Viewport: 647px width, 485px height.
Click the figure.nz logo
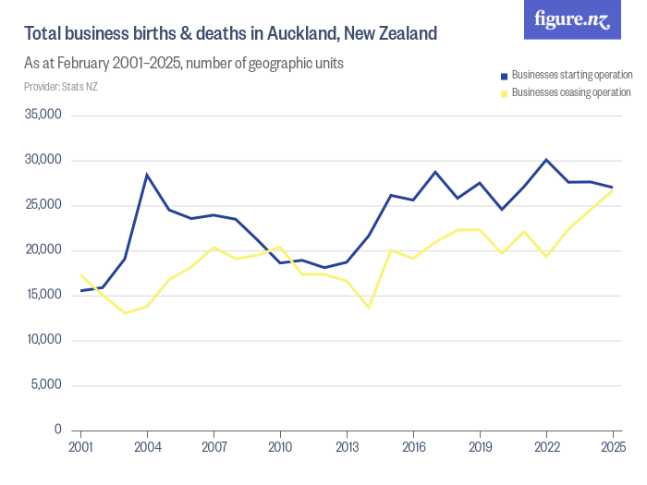pos(572,20)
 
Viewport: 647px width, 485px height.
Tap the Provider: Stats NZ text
pos(60,87)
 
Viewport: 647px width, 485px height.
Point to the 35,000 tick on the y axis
pos(42,115)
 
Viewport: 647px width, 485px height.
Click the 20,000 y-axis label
pos(42,250)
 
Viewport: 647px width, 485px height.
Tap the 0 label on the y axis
pos(56,430)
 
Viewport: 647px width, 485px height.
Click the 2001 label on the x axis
pos(80,447)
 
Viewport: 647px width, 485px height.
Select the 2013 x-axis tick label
pos(347,447)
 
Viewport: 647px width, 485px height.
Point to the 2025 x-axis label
pos(613,447)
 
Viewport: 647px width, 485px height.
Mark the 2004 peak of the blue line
pos(147,175)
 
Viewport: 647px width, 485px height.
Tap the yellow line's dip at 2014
pos(369,307)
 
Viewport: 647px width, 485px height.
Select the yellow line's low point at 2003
pos(125,313)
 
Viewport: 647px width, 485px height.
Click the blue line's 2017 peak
pos(435,172)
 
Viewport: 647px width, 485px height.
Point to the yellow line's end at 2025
pos(613,190)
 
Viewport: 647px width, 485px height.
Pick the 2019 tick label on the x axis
pos(480,447)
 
